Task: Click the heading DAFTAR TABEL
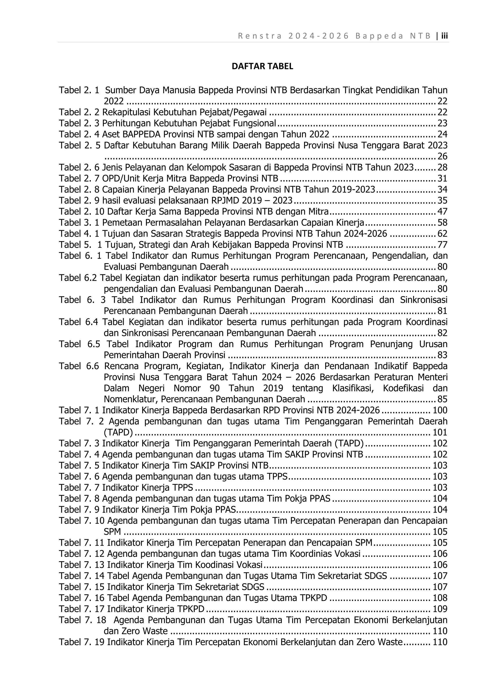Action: pos(262,66)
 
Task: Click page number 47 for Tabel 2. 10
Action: pos(442,211)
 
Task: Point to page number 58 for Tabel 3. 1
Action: pos(442,223)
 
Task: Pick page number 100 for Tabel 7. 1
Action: pos(440,410)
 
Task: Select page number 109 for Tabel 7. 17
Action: pos(440,609)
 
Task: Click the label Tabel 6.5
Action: pos(79,344)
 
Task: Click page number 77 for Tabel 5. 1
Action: pos(442,245)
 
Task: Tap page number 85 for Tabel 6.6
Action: pos(442,399)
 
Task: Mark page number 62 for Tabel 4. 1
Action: pos(442,233)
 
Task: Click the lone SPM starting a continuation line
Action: pos(112,532)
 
